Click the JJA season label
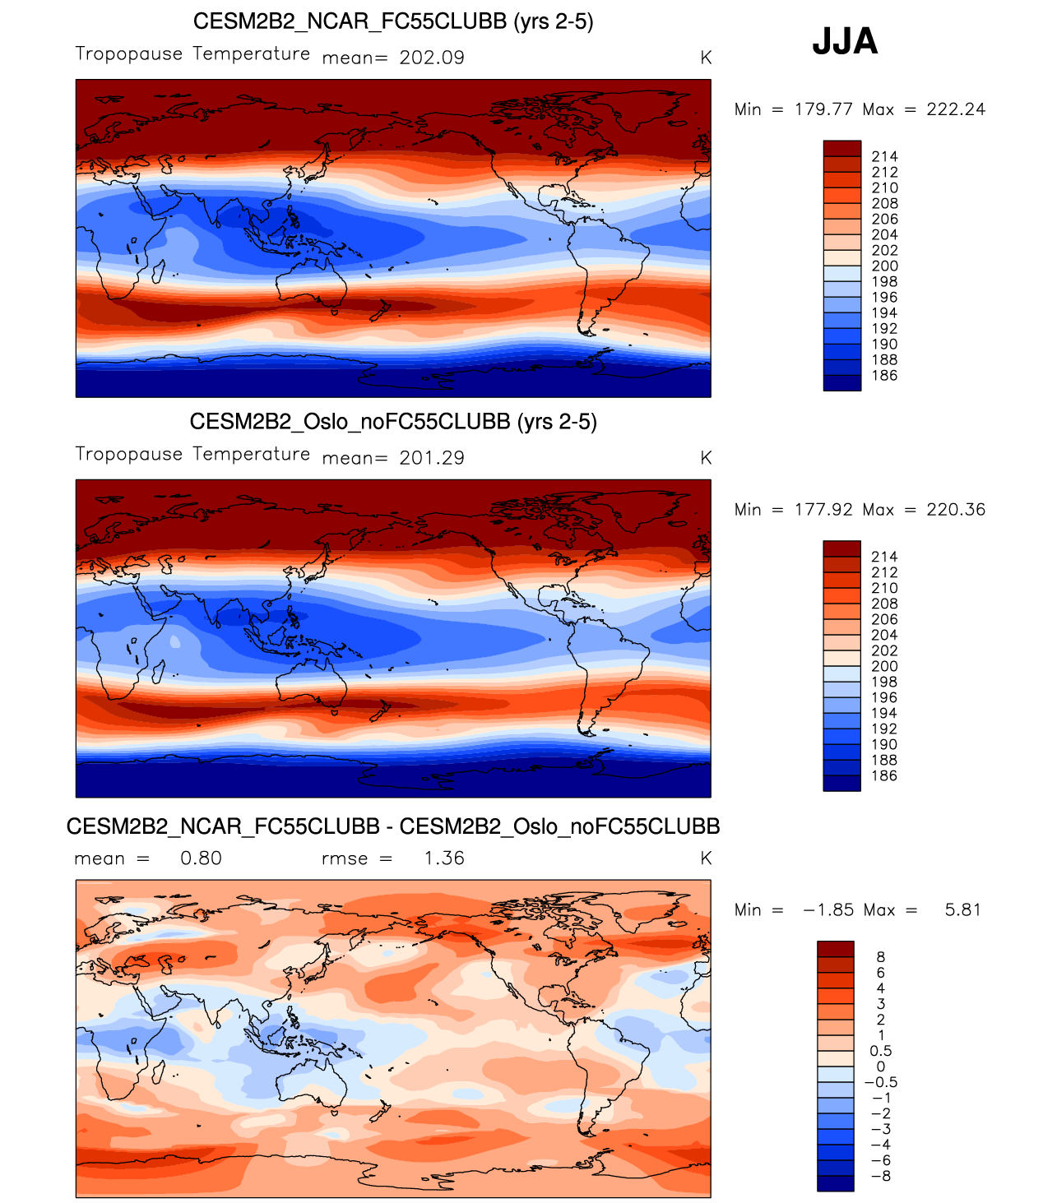click(845, 41)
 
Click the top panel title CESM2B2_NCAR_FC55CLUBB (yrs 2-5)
click(393, 21)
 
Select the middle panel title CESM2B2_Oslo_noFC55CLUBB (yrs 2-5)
click(393, 422)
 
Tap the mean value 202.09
click(432, 58)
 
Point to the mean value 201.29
click(432, 458)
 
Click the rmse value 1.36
click(444, 858)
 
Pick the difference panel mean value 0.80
click(201, 858)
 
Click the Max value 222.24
click(956, 109)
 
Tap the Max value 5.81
click(962, 910)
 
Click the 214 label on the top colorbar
click(885, 156)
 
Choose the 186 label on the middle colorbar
click(885, 775)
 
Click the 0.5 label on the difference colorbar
click(881, 1051)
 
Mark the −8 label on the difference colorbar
click(880, 1176)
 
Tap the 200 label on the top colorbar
click(885, 266)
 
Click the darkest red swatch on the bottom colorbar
click(836, 949)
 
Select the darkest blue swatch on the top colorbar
click(841, 383)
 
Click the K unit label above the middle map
click(706, 458)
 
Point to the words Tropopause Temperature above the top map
click(192, 54)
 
